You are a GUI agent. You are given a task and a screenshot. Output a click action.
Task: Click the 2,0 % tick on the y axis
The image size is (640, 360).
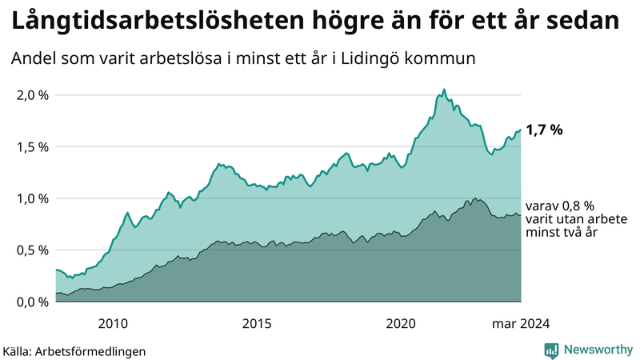[x=33, y=95]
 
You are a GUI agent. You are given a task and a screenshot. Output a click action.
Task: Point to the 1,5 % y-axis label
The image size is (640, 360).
[x=33, y=147]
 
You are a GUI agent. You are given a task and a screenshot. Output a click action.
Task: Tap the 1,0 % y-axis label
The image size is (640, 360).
[x=33, y=198]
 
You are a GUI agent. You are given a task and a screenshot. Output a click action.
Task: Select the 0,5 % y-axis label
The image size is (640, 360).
[x=33, y=250]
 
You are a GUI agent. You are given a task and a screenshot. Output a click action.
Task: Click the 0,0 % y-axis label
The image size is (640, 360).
[x=33, y=302]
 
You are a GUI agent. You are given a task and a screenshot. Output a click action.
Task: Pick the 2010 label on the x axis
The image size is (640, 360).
[x=113, y=323]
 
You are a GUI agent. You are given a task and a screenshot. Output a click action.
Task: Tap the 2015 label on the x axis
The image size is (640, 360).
[x=257, y=323]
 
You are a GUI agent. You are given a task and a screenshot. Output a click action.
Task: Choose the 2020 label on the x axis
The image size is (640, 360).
[x=401, y=323]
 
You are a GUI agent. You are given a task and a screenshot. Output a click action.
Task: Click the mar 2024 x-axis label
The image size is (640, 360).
[x=520, y=323]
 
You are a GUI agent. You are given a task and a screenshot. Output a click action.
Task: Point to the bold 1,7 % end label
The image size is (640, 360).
[x=544, y=130]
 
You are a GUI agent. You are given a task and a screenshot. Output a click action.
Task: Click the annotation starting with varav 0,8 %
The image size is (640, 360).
[x=561, y=219]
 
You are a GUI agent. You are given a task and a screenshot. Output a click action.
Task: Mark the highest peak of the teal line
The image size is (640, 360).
[x=444, y=90]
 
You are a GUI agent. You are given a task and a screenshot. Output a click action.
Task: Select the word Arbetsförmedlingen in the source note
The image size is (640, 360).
[x=95, y=350]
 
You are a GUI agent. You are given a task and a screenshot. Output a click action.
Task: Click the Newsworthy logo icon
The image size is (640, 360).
[x=552, y=350]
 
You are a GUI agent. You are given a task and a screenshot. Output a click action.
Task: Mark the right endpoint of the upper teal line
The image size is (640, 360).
[x=521, y=130]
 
